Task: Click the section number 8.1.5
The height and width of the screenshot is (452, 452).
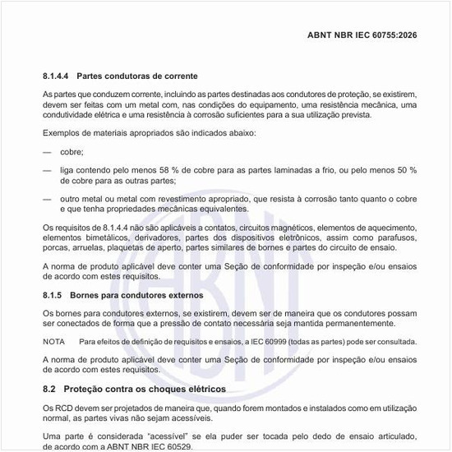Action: [53, 293]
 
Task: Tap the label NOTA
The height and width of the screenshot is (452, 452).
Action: [54, 340]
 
